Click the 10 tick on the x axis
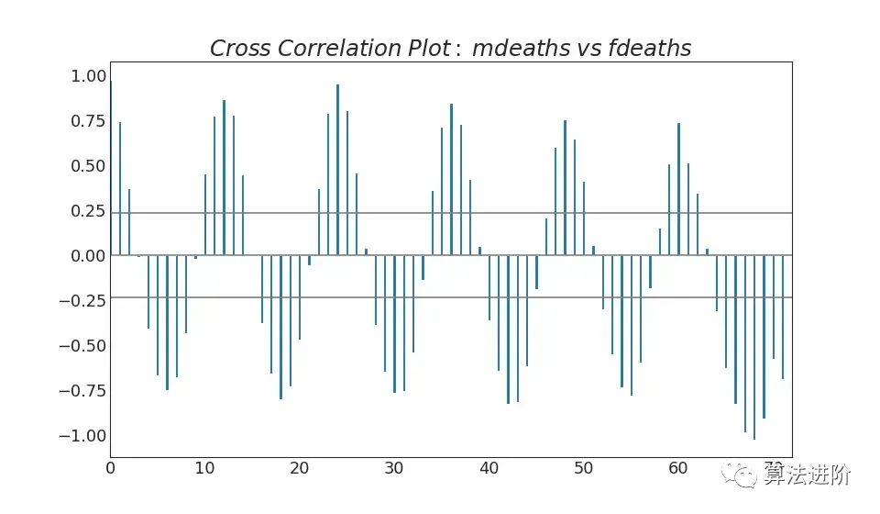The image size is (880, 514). point(204,469)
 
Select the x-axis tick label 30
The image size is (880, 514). point(394,469)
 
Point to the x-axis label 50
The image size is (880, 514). point(584,469)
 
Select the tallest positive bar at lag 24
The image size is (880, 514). point(337,170)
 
